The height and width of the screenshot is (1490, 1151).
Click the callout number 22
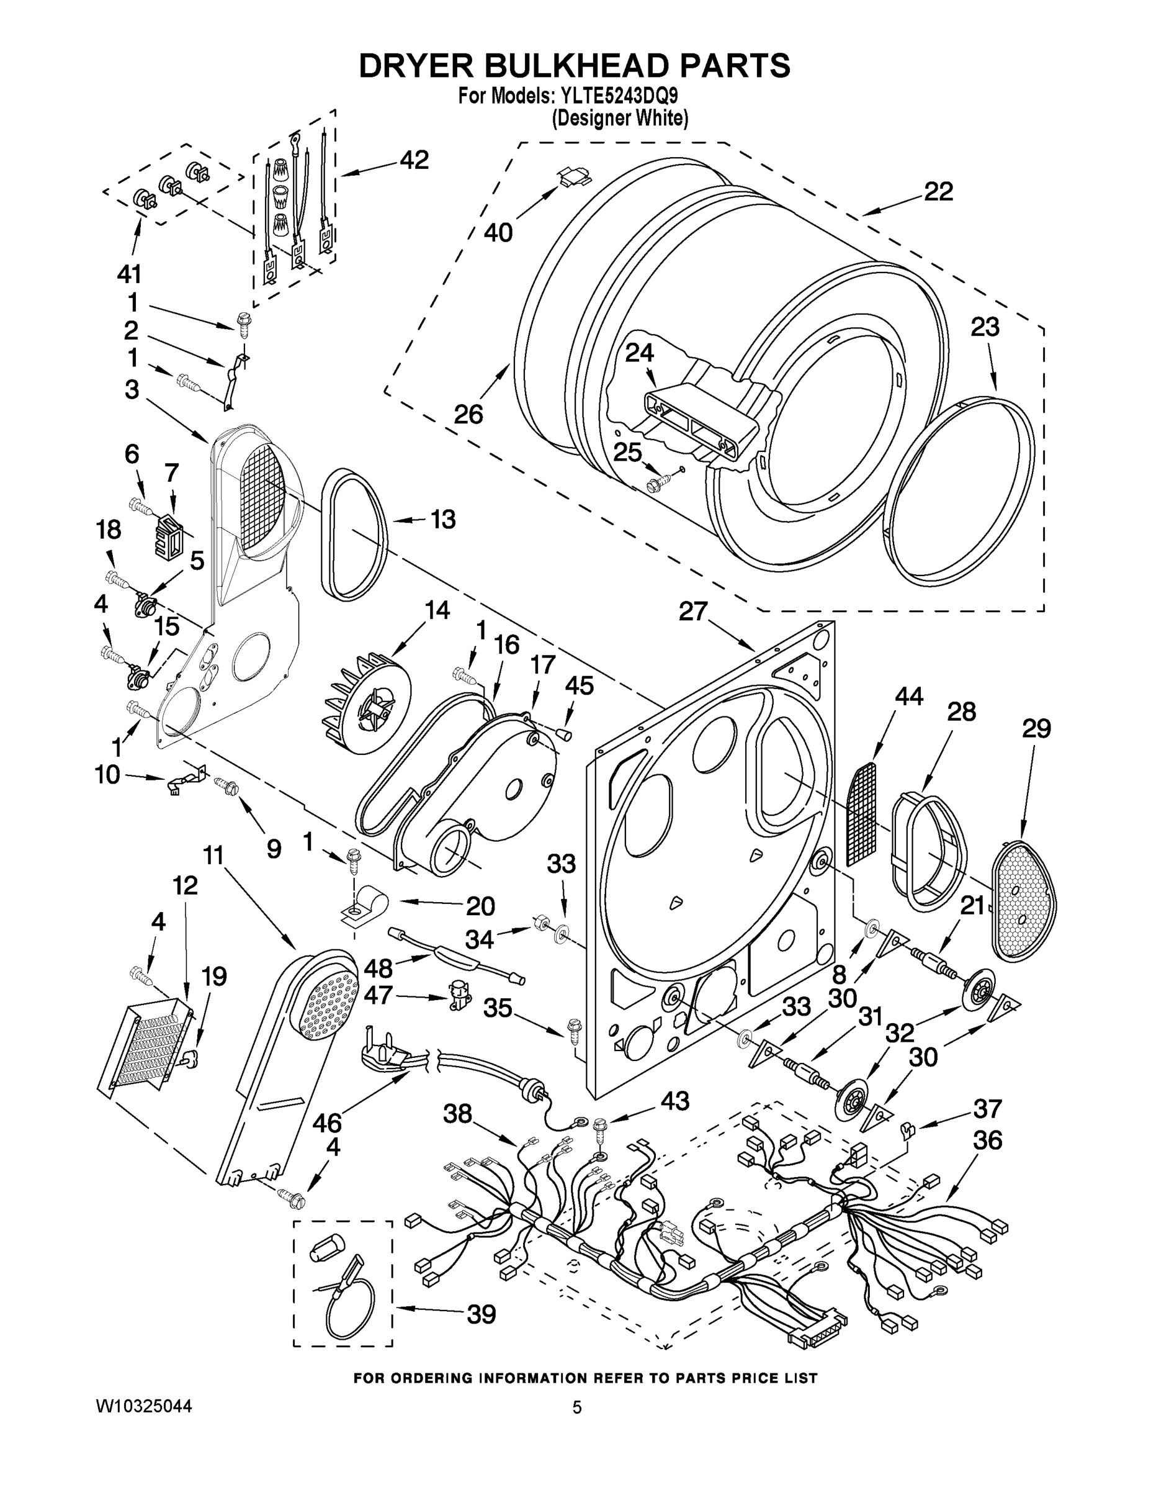pyautogui.click(x=938, y=192)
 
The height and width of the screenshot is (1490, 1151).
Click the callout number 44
pyautogui.click(x=908, y=697)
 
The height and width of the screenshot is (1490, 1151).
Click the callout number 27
pyautogui.click(x=693, y=612)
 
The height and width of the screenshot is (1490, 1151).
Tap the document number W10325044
pyautogui.click(x=143, y=1406)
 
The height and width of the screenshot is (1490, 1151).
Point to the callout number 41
pyautogui.click(x=129, y=274)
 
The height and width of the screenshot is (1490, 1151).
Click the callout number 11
pyautogui.click(x=213, y=855)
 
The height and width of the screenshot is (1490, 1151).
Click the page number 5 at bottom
pyautogui.click(x=577, y=1407)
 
